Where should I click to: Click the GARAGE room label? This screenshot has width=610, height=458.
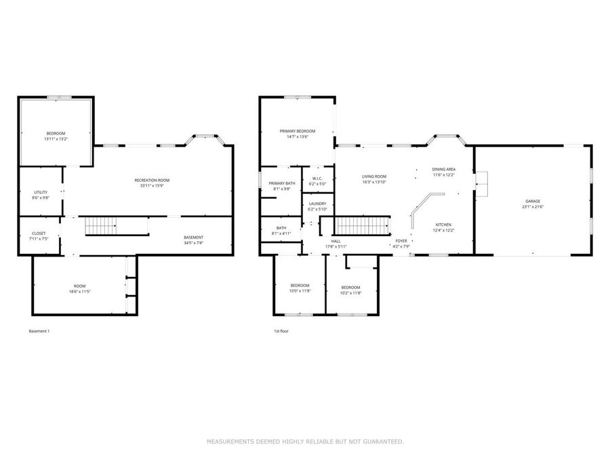pyautogui.click(x=532, y=201)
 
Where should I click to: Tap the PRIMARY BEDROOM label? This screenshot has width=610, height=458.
pyautogui.click(x=298, y=130)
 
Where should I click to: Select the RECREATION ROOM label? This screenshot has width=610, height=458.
pyautogui.click(x=151, y=180)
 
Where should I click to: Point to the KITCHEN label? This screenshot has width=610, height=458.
pyautogui.click(x=443, y=225)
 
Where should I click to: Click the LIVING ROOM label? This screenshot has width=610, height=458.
pyautogui.click(x=373, y=176)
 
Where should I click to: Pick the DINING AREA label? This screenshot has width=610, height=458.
pyautogui.click(x=443, y=169)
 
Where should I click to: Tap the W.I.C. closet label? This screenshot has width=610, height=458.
pyautogui.click(x=317, y=178)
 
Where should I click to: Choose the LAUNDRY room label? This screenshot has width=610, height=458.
pyautogui.click(x=317, y=204)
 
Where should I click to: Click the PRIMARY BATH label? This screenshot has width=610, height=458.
pyautogui.click(x=281, y=183)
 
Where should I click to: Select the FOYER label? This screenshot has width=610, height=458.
pyautogui.click(x=401, y=240)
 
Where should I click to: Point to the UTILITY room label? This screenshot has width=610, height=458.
pyautogui.click(x=40, y=192)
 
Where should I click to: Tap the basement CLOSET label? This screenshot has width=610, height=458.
pyautogui.click(x=39, y=233)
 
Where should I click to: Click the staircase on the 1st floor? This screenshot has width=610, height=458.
pyautogui.click(x=364, y=225)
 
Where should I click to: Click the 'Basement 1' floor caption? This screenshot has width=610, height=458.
pyautogui.click(x=39, y=331)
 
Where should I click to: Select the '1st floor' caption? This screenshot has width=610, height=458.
pyautogui.click(x=281, y=331)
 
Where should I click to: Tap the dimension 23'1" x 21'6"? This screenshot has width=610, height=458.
pyautogui.click(x=532, y=206)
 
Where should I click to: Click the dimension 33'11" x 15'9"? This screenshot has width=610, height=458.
pyautogui.click(x=151, y=185)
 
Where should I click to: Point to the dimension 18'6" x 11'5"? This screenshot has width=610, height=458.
pyautogui.click(x=80, y=291)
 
